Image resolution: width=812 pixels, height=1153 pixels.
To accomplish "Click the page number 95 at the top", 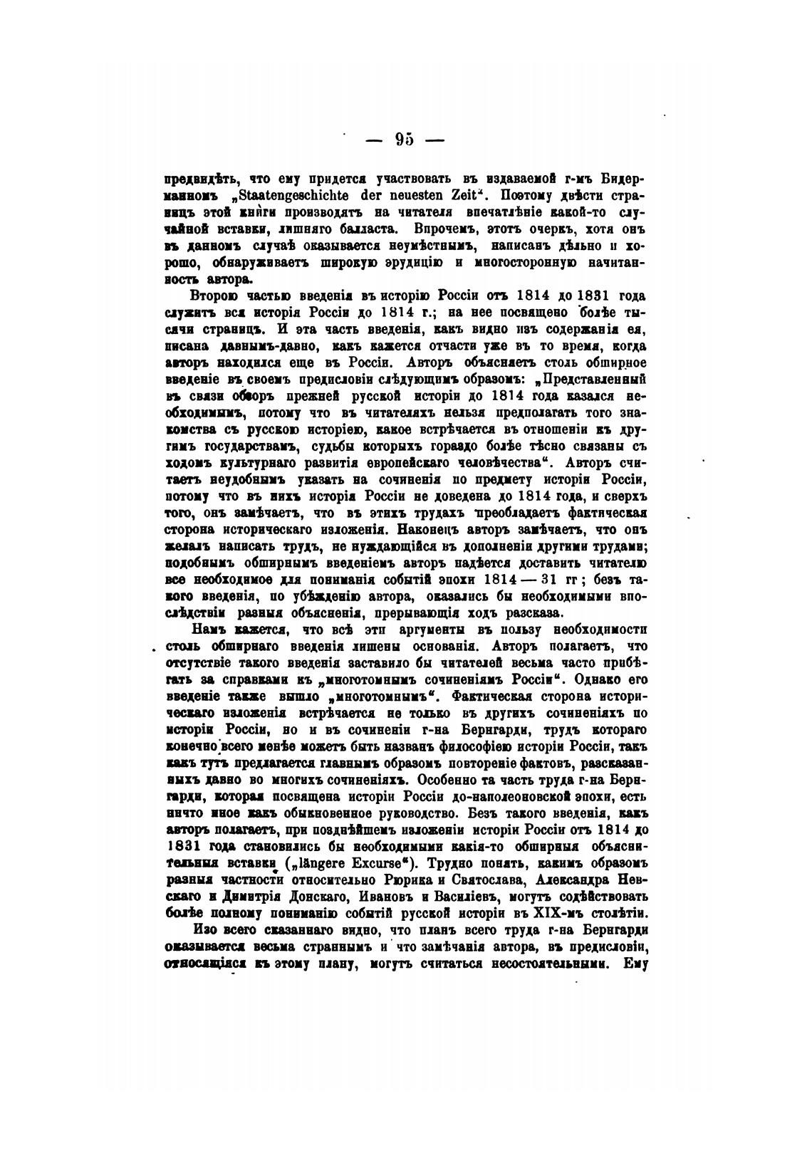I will [x=404, y=140].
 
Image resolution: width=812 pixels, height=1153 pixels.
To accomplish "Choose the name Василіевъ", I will [x=428, y=897].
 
